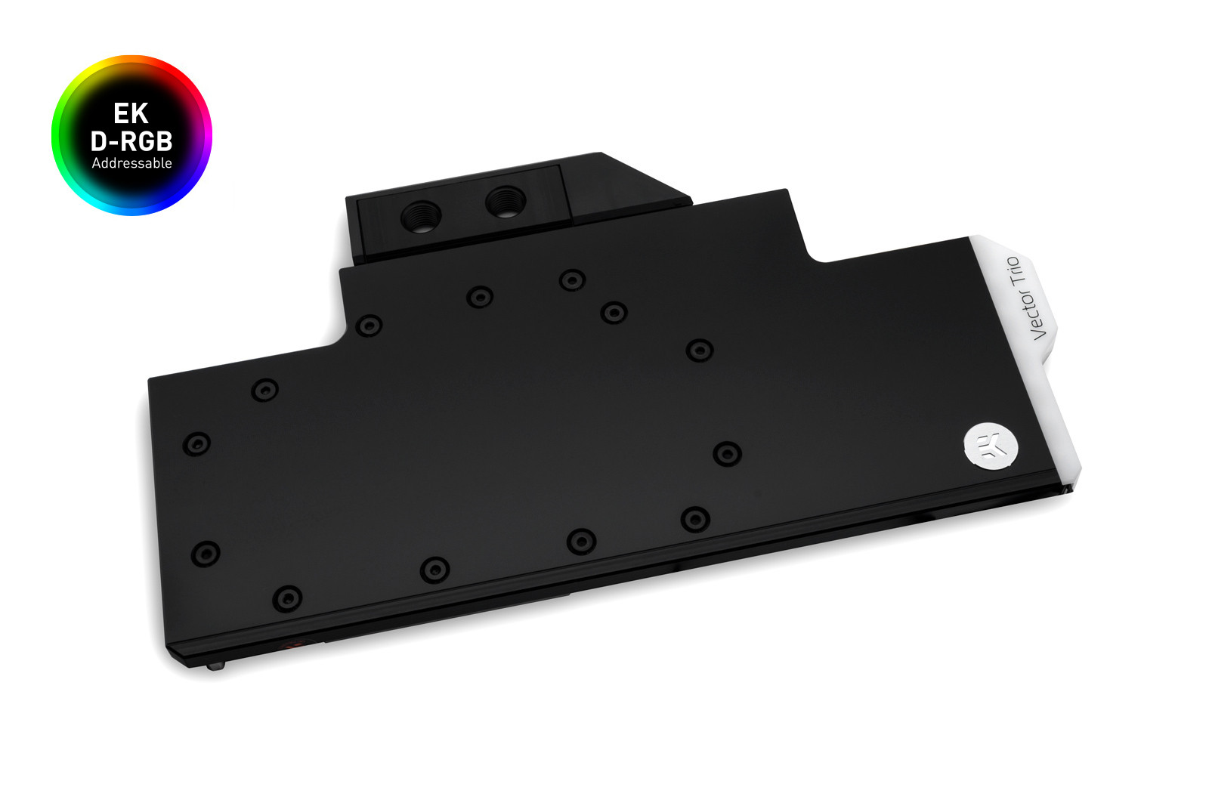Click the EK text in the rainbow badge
point(131,114)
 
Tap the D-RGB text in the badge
point(131,141)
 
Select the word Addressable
point(131,163)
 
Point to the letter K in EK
point(140,114)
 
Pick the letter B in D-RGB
point(163,141)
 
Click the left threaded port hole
point(422,216)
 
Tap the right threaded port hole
point(506,202)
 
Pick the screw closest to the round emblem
point(727,453)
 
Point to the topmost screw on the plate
point(572,280)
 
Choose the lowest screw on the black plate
point(287,599)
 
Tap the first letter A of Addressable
point(96,163)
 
